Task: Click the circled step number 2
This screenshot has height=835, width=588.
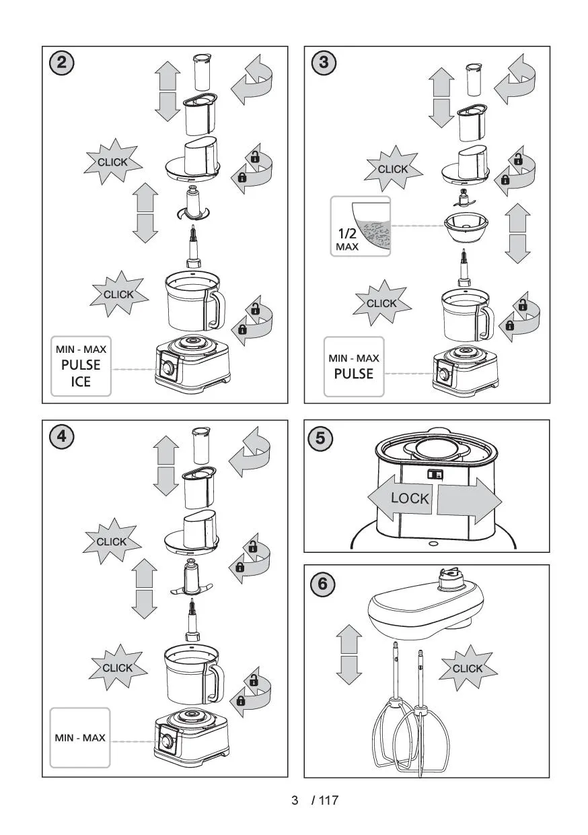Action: click(x=61, y=63)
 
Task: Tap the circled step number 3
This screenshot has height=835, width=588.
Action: click(x=324, y=63)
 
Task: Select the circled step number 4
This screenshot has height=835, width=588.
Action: click(x=61, y=436)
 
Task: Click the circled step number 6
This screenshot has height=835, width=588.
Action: click(x=322, y=583)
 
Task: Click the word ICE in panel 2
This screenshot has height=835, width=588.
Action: click(x=81, y=384)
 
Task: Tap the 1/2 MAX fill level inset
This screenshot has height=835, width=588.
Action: click(x=360, y=226)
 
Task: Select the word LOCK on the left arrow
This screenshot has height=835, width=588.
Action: click(x=410, y=498)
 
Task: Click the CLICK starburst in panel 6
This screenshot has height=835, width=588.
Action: click(x=468, y=668)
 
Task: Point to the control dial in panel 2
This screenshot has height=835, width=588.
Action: click(x=166, y=369)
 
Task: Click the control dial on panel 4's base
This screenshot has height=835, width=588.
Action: click(x=166, y=741)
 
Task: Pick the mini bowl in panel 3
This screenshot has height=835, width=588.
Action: click(x=466, y=226)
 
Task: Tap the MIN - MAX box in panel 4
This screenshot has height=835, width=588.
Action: click(x=80, y=737)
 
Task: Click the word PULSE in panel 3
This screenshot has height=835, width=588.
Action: click(x=353, y=373)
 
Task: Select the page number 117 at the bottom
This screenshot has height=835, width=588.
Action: click(x=328, y=801)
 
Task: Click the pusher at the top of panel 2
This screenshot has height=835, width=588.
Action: click(x=203, y=72)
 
